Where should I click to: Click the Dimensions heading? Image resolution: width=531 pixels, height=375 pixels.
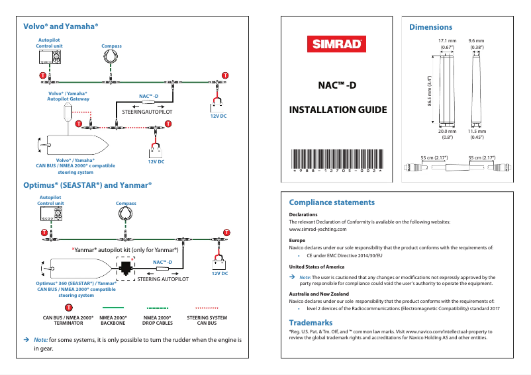(x=430, y=27)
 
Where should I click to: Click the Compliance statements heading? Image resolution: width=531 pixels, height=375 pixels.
(x=332, y=202)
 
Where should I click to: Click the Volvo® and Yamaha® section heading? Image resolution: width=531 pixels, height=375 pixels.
(x=61, y=26)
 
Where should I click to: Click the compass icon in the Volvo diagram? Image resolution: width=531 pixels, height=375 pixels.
(x=111, y=57)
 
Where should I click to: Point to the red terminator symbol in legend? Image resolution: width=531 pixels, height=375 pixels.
(x=68, y=308)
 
